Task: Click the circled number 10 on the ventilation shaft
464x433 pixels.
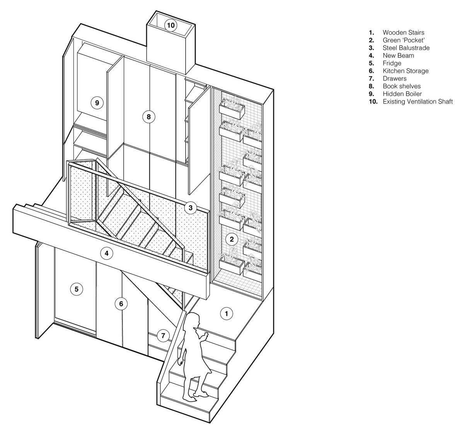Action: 171,25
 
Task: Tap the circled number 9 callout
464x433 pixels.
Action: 97,103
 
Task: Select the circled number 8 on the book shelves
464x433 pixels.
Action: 149,116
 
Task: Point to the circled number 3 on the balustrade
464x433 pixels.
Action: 190,208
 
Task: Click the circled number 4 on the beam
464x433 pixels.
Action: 107,253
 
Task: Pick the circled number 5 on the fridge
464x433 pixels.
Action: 77,289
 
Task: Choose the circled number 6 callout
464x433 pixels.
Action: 121,304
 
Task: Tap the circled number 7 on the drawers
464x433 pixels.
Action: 163,336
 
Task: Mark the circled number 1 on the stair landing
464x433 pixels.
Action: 226,313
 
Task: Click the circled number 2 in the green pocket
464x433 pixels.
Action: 232,239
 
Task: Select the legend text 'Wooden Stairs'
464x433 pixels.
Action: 403,33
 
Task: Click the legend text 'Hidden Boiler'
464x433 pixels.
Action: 402,94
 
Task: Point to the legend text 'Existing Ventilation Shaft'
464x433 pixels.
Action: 418,101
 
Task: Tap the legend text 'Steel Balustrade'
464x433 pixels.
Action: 406,48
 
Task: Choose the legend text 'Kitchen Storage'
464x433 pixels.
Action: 406,71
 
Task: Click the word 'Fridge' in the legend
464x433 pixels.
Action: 392,63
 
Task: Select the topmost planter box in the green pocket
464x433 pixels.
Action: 232,110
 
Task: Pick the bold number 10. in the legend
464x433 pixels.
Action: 373,101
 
